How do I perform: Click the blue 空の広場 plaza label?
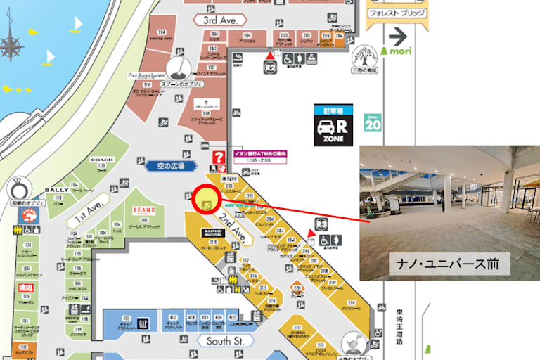click(170, 166)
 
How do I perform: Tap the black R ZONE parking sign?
click(333, 125)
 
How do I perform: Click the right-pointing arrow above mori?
click(399, 34)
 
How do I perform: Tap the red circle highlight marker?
click(206, 200)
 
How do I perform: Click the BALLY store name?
click(56, 190)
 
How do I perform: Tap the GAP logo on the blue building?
click(143, 322)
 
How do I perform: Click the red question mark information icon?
click(219, 156)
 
